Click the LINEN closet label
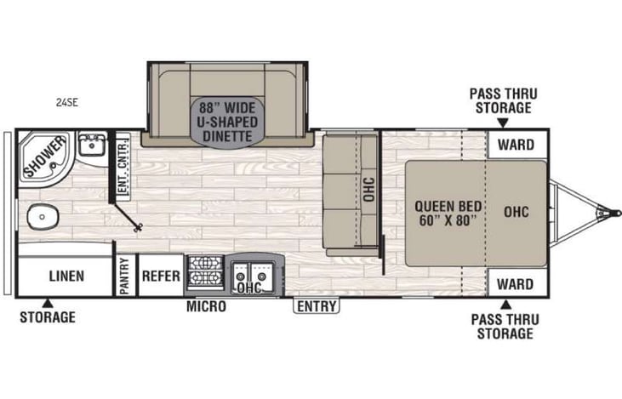[65, 276]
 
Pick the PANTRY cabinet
[124, 276]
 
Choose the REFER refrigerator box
[160, 276]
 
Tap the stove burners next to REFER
[204, 274]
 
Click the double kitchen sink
[251, 275]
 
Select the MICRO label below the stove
[206, 306]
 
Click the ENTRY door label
[317, 306]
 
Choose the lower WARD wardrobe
[516, 283]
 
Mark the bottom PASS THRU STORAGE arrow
[505, 304]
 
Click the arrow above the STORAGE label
[49, 302]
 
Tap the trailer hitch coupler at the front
[607, 210]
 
